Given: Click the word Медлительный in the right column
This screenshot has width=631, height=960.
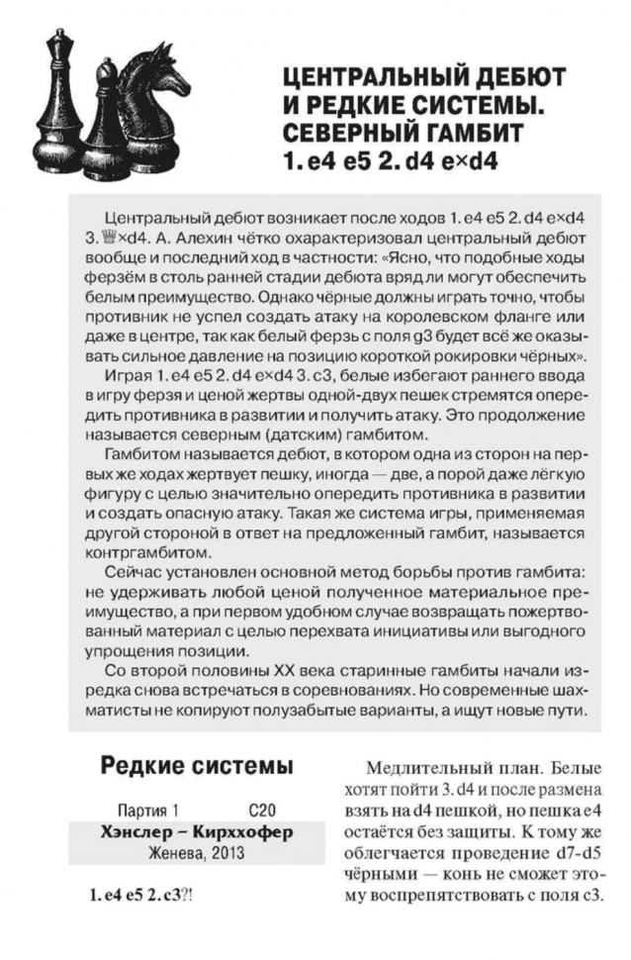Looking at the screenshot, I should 437,767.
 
